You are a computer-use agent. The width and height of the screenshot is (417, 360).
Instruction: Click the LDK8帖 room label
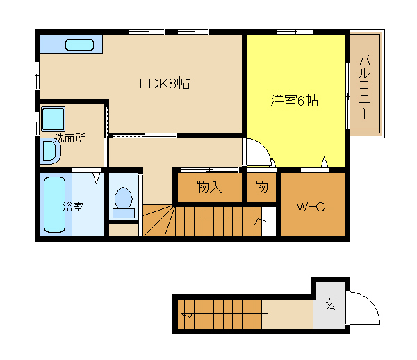(165, 83)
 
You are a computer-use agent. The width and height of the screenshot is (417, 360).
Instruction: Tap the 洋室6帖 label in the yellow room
(294, 101)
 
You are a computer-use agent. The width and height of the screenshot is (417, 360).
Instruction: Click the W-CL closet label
(315, 207)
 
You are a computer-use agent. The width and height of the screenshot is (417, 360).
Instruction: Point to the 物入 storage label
(209, 187)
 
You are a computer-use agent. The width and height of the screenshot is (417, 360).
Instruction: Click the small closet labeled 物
(262, 187)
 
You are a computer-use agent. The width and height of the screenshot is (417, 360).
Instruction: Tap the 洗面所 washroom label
(70, 138)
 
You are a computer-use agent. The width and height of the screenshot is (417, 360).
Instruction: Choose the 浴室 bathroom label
(73, 206)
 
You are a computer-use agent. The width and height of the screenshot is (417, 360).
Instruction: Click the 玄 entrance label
(329, 304)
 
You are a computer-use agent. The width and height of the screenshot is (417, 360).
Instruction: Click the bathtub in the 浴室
(54, 205)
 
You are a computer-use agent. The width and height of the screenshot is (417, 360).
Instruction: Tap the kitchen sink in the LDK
(79, 44)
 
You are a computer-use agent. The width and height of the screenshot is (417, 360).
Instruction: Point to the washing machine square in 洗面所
(54, 119)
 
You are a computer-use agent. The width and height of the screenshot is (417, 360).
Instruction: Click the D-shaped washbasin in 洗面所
(50, 151)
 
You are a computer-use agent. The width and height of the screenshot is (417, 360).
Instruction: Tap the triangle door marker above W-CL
(324, 162)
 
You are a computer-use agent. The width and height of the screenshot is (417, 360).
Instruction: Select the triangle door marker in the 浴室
(97, 179)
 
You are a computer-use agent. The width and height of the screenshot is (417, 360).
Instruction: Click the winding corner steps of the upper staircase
(158, 220)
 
